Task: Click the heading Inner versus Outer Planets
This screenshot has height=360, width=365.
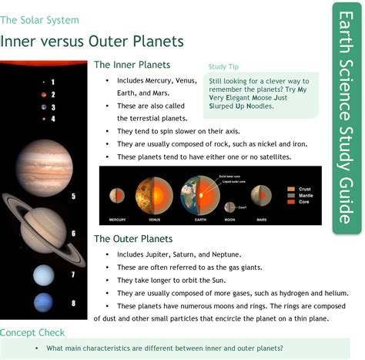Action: click(x=92, y=40)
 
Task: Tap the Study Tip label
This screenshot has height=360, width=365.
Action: click(x=224, y=66)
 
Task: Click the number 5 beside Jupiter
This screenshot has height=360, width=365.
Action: click(x=73, y=197)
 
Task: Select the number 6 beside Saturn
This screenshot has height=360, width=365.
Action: click(x=74, y=233)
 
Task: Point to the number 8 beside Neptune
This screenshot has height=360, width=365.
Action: click(x=73, y=303)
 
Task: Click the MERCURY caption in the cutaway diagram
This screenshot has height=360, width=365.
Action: click(x=117, y=220)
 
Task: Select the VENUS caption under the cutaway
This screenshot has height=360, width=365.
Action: click(x=152, y=220)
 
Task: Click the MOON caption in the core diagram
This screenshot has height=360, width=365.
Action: click(x=229, y=220)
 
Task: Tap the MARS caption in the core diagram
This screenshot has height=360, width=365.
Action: click(x=262, y=220)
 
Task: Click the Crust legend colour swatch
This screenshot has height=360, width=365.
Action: click(x=291, y=188)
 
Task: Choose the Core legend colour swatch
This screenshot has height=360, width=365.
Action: click(x=291, y=201)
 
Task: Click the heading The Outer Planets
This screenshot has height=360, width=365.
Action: click(x=132, y=239)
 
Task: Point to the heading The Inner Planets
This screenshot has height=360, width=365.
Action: click(x=132, y=65)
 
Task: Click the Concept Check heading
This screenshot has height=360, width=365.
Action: click(x=32, y=332)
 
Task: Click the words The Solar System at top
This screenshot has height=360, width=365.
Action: click(x=40, y=20)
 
